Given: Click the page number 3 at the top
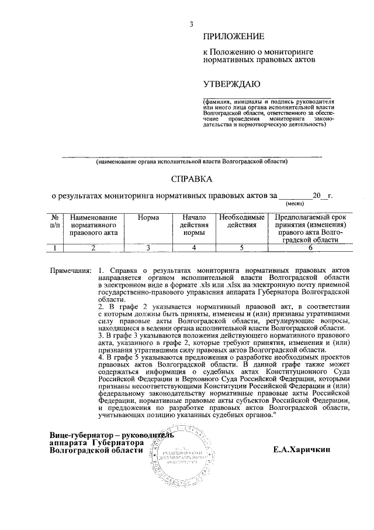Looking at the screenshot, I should (x=191, y=24).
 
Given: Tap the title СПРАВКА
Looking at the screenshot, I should (x=192, y=179).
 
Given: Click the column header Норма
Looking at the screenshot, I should (x=149, y=218).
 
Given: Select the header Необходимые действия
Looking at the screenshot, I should (x=238, y=221).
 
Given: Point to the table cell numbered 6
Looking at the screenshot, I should (x=310, y=248).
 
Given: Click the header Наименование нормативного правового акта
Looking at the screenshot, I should (x=93, y=225).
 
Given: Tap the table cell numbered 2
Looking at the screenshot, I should (x=93, y=248).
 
